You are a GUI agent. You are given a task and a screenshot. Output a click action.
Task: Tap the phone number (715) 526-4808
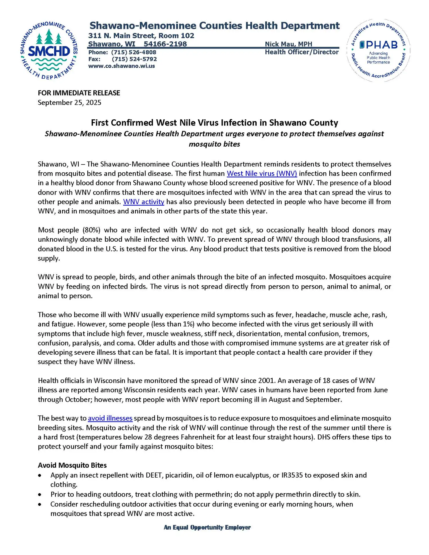coord(134,52)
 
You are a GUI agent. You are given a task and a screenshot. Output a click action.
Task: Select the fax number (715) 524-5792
coord(134,59)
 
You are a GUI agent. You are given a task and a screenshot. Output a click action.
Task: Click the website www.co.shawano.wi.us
coord(121,66)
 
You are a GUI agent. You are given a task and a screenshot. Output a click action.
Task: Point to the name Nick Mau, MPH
coord(289,44)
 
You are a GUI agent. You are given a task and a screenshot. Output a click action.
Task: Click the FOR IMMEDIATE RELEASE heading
coord(79,93)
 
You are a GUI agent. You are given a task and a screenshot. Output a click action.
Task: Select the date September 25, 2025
coord(70,103)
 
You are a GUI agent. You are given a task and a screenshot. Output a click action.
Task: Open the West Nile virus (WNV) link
coord(262,173)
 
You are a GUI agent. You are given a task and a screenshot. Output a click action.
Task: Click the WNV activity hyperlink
coord(144,202)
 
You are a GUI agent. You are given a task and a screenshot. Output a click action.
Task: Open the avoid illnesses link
coord(110,418)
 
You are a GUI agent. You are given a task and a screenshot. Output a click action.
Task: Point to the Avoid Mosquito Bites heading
coord(72,465)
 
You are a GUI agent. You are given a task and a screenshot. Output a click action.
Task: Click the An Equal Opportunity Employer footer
coord(207,528)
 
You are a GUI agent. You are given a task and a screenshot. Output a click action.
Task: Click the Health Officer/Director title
coord(302,52)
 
